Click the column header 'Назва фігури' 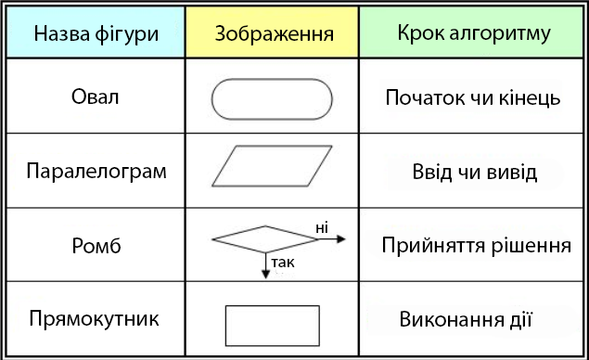tap(96, 33)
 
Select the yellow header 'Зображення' tap(274, 33)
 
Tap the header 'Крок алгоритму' tap(474, 33)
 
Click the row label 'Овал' tap(96, 96)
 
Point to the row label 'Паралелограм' tap(96, 172)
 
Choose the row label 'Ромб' tap(96, 246)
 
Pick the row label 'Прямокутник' tap(95, 318)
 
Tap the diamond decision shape tap(265, 238)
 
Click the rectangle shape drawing tap(273, 325)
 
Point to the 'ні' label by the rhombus tap(322, 226)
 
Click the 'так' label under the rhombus tap(283, 264)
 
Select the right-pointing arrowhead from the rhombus tap(340, 238)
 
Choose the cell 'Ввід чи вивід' tap(475, 174)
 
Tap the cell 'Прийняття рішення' tap(475, 246)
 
